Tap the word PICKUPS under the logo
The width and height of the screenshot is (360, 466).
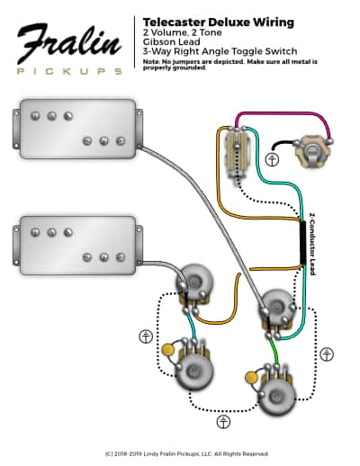67,70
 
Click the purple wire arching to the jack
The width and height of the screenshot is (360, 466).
279,114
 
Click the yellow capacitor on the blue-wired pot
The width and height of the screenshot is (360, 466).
167,349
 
